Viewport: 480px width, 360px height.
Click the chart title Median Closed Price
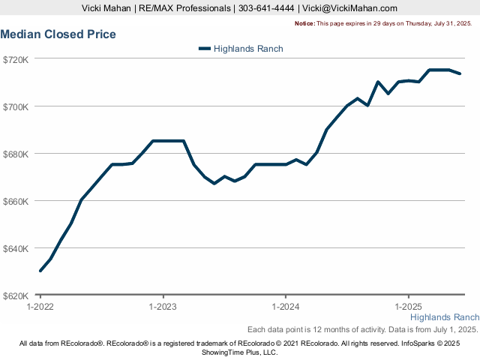(58, 34)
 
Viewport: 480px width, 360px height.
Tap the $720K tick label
(15, 59)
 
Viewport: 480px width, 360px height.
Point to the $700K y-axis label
(15, 106)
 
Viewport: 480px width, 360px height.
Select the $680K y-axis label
(15, 154)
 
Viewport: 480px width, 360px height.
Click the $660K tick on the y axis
(15, 201)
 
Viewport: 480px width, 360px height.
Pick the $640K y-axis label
(15, 248)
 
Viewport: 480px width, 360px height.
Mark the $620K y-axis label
(15, 295)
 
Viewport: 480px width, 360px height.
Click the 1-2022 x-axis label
(40, 307)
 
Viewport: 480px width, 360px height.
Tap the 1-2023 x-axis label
(163, 307)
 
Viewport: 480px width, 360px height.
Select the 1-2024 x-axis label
(285, 307)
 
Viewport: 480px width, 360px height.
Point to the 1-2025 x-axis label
(407, 307)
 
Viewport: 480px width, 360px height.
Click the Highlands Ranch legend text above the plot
(248, 49)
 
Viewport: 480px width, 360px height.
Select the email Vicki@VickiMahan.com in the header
(350, 8)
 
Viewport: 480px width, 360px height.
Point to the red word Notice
(304, 24)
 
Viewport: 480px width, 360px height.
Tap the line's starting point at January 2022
(40, 271)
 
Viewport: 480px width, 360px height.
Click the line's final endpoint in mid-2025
(459, 73)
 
